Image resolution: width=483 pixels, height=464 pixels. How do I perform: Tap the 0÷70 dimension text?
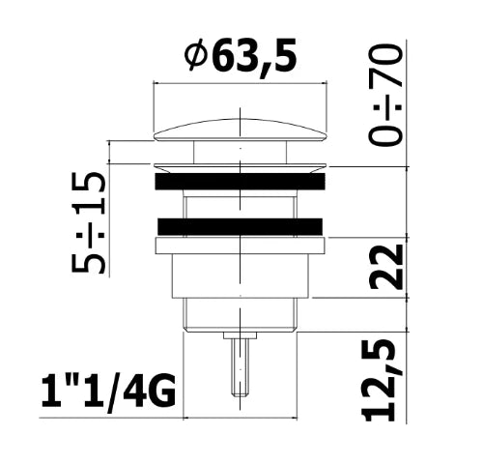pyautogui.click(x=385, y=96)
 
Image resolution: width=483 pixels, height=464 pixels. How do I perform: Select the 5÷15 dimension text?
pyautogui.click(x=88, y=222)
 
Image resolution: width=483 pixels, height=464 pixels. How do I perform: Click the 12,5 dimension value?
pyautogui.click(x=379, y=380)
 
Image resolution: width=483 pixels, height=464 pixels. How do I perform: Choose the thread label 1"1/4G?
pyautogui.click(x=108, y=392)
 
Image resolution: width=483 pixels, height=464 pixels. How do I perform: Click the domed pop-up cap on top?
pyautogui.click(x=241, y=130)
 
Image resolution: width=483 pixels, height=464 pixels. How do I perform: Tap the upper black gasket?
pyautogui.click(x=241, y=181)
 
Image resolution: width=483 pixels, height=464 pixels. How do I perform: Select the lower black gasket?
pyautogui.click(x=241, y=226)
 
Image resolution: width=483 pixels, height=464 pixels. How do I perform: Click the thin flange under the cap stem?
pyautogui.click(x=241, y=167)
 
